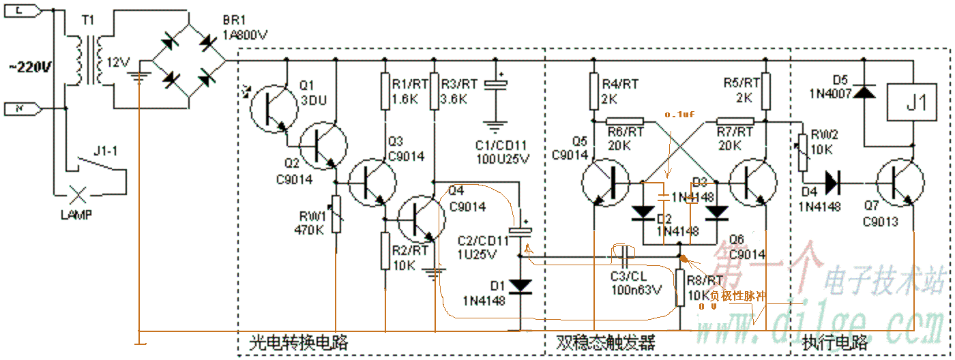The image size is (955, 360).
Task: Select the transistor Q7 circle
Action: coord(899,183)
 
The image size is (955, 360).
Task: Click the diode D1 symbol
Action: coord(522,285)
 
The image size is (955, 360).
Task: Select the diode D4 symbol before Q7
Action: coord(833,183)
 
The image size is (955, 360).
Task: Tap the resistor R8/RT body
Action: coord(680,287)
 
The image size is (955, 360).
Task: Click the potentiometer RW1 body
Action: coord(336,213)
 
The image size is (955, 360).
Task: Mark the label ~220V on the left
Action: coord(29,67)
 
